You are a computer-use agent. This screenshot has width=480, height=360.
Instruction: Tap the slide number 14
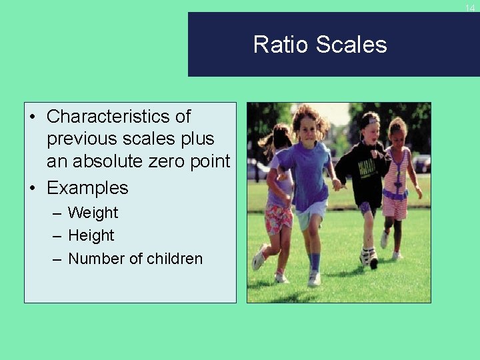tap(470, 8)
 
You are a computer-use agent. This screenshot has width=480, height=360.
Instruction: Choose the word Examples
tap(87, 188)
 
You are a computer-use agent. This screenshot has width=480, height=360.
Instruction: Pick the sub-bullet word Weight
tap(93, 213)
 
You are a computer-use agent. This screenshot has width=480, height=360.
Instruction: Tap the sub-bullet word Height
tap(91, 236)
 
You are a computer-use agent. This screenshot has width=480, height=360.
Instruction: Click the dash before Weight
tap(56, 213)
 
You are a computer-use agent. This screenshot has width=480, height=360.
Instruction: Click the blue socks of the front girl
tap(314, 261)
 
